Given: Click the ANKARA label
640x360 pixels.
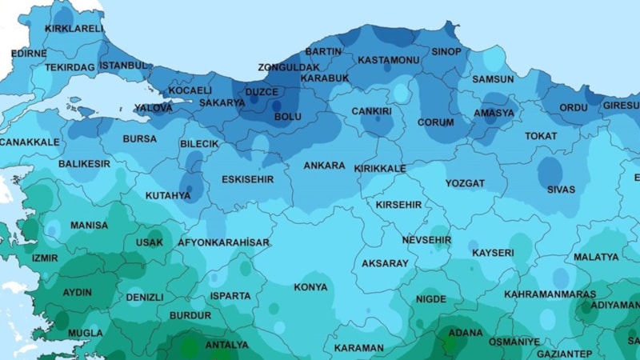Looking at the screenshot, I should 324,166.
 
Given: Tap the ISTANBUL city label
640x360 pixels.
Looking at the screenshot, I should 124,65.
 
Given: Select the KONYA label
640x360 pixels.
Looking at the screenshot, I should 310,287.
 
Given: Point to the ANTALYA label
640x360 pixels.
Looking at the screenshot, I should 227,346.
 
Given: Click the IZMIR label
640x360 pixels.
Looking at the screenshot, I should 45,258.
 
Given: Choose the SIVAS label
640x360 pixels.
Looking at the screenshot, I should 561,190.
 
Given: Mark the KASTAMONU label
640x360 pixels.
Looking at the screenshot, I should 388,60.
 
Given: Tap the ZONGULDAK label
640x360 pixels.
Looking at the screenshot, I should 288,67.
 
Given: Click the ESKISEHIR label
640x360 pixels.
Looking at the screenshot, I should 247,179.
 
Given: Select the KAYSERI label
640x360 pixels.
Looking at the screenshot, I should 493,253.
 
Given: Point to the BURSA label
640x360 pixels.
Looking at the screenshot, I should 139,139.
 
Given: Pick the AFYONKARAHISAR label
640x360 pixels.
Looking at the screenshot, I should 223,242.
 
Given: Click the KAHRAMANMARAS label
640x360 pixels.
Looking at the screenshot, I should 550,294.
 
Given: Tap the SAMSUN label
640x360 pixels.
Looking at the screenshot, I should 493,79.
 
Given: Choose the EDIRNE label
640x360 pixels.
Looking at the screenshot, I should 29,54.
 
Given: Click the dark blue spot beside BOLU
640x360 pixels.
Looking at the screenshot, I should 277,105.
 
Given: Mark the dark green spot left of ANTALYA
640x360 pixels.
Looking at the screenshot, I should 189,347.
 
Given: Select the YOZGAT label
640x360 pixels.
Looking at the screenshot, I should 465,183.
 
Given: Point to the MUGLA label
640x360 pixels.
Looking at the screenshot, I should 86,333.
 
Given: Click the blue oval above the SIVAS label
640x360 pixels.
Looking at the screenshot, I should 550,170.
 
